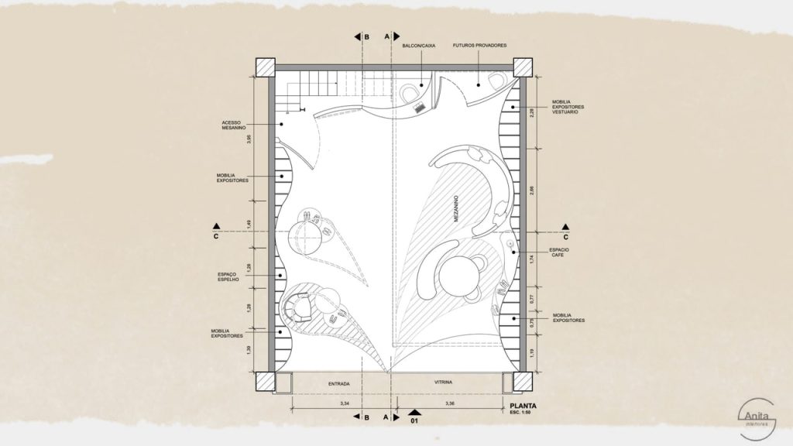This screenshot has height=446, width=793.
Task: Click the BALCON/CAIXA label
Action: pyautogui.click(x=419, y=46)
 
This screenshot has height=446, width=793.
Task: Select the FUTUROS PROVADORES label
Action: pyautogui.click(x=480, y=46)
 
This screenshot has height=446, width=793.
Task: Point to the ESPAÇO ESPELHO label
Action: pyautogui.click(x=232, y=277)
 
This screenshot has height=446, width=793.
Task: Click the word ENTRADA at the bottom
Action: pyautogui.click(x=338, y=383)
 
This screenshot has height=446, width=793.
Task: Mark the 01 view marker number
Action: pyautogui.click(x=414, y=423)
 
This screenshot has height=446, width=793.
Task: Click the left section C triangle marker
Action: pyautogui.click(x=218, y=227)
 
